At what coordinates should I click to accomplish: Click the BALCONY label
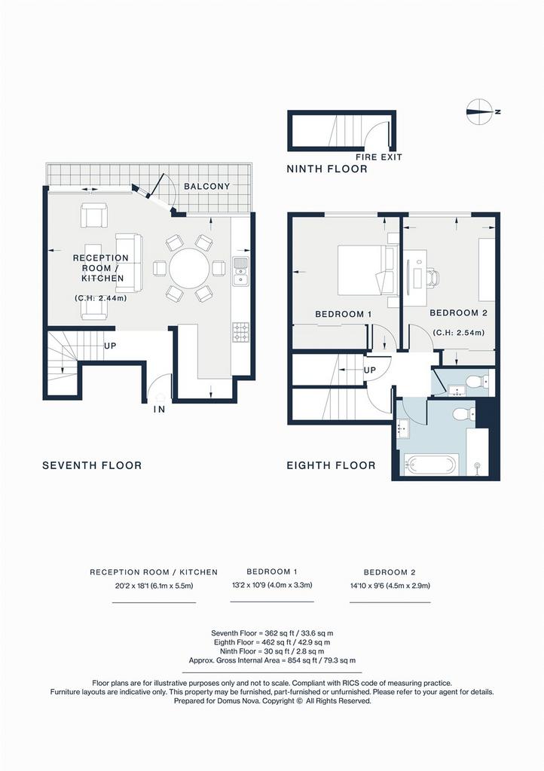[206, 187]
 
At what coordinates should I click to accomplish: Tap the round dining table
[189, 269]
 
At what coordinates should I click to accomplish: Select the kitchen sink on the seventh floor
[240, 271]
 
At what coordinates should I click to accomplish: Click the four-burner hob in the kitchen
[240, 332]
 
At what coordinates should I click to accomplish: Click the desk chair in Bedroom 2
[432, 277]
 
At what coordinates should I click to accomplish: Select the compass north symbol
[479, 111]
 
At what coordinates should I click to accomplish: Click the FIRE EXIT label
[379, 157]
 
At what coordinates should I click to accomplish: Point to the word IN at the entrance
[159, 409]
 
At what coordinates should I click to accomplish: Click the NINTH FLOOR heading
[327, 169]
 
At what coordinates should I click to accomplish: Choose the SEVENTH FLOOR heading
[92, 465]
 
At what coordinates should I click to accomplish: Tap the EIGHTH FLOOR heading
[331, 465]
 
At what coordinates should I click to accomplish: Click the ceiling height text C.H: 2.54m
[458, 333]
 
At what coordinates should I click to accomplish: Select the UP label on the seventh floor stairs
[110, 346]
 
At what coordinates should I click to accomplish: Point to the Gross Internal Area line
[272, 660]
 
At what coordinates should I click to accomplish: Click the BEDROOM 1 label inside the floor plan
[344, 314]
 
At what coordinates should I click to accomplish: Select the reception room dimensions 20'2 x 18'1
[154, 586]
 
